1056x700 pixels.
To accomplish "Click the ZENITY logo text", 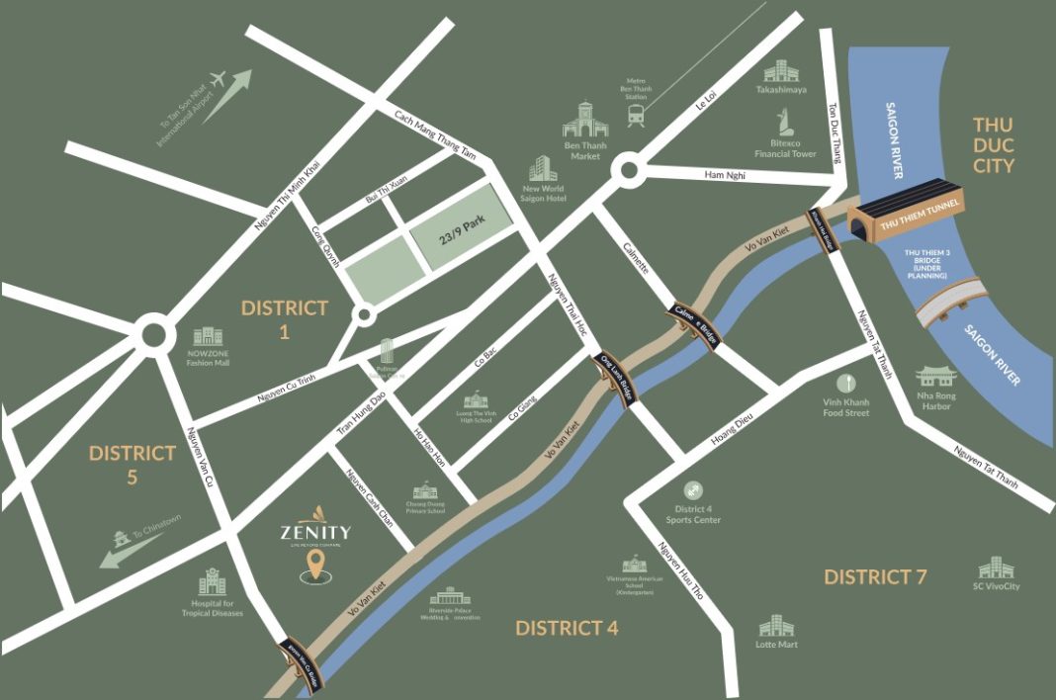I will (314, 531).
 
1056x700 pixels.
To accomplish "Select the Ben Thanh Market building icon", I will (584, 120).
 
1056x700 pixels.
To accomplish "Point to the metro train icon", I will (636, 117).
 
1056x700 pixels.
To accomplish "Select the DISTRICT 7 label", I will (875, 576).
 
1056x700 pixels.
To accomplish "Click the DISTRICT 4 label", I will (567, 628).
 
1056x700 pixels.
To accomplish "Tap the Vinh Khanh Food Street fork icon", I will (845, 383).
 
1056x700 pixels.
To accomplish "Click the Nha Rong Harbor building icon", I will (935, 377).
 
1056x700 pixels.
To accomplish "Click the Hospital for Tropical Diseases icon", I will (213, 582).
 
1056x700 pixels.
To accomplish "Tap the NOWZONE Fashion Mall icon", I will (208, 338).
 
